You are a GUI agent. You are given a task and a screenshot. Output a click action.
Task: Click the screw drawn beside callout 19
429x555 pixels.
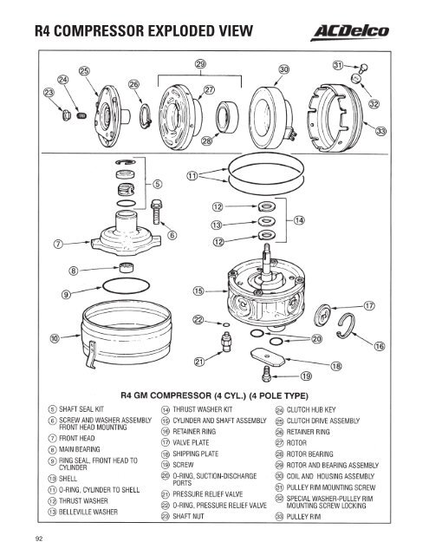267,373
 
